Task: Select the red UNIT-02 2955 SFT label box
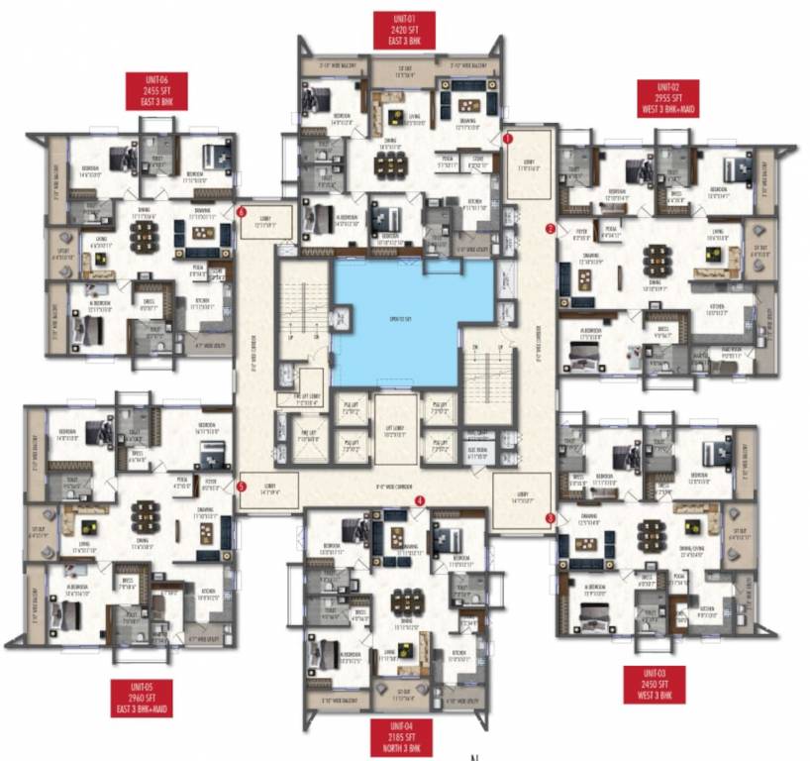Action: tap(668, 98)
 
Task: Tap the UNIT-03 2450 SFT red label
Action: tap(654, 684)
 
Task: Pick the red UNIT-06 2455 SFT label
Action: tap(154, 90)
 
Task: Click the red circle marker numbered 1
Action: tap(508, 140)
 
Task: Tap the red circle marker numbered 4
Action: tap(420, 501)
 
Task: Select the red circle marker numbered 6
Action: tap(242, 211)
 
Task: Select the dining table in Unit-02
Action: tap(657, 261)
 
